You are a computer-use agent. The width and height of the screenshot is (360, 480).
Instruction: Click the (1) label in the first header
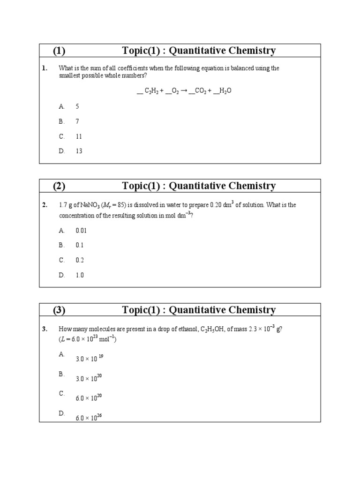pyautogui.click(x=59, y=51)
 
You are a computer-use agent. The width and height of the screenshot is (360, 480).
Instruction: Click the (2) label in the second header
pyautogui.click(x=59, y=186)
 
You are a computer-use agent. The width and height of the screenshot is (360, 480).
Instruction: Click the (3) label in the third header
pyautogui.click(x=59, y=310)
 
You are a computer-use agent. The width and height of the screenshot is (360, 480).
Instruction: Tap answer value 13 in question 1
pyautogui.click(x=79, y=151)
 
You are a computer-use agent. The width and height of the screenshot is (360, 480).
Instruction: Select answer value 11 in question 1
pyautogui.click(x=79, y=136)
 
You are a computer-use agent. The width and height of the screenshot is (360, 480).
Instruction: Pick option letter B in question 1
pyautogui.click(x=61, y=121)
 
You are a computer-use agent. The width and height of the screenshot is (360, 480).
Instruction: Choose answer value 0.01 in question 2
pyautogui.click(x=81, y=230)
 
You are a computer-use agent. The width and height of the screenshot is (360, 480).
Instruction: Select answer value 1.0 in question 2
pyautogui.click(x=80, y=275)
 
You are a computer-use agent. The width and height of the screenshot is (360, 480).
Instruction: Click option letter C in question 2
pyautogui.click(x=61, y=260)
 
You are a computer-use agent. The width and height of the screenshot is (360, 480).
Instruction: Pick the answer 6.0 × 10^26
pyautogui.click(x=89, y=417)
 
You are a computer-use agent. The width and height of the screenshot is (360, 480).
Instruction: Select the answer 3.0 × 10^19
pyautogui.click(x=89, y=359)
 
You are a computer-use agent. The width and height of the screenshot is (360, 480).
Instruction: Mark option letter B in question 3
pyautogui.click(x=61, y=374)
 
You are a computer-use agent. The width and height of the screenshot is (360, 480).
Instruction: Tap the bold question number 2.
pyautogui.click(x=44, y=205)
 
